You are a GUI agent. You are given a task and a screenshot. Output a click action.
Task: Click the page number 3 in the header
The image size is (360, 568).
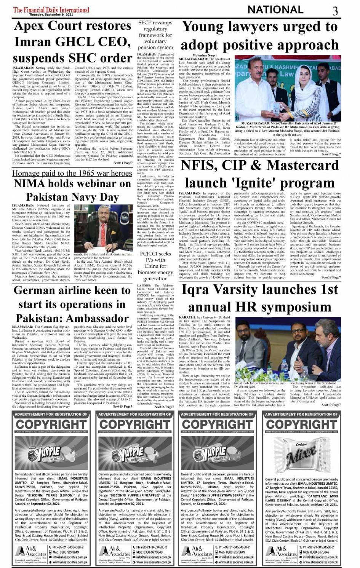tap(335, 10)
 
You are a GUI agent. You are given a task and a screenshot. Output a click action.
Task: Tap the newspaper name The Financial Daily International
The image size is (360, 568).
tap(51, 10)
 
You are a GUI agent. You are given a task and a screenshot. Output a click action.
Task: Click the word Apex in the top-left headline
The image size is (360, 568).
tap(33, 26)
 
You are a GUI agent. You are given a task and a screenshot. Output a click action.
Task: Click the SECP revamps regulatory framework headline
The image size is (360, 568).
tap(155, 35)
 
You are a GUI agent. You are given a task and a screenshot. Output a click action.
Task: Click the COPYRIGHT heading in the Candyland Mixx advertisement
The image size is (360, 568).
tap(301, 424)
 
